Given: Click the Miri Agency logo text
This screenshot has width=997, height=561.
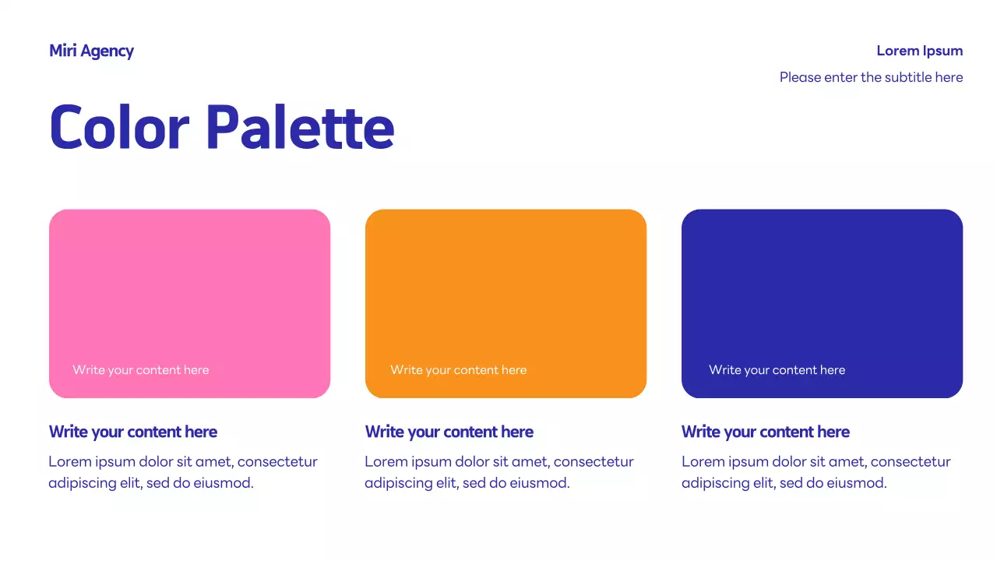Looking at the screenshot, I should tap(91, 51).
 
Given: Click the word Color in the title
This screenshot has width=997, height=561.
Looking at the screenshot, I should tap(119, 127).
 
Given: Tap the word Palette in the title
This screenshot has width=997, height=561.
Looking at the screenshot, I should tap(300, 127).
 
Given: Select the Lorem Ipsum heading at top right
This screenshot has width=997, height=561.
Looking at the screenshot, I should tap(919, 51).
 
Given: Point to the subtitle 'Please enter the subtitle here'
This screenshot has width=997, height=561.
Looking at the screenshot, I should tap(871, 77).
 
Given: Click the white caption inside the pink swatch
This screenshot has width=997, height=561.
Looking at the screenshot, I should tap(141, 370).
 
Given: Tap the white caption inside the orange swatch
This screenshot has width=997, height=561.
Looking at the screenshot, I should tap(458, 370).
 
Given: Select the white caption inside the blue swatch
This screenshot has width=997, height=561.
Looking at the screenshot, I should tap(777, 370).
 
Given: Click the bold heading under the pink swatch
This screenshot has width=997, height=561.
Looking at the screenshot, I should tap(132, 432).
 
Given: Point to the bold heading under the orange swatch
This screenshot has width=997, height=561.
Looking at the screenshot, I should tap(449, 432).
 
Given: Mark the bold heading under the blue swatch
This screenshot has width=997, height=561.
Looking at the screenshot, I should tap(765, 432).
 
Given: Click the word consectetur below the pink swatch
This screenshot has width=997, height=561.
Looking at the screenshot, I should tap(277, 462).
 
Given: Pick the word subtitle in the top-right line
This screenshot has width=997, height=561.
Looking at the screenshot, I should tap(908, 77).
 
